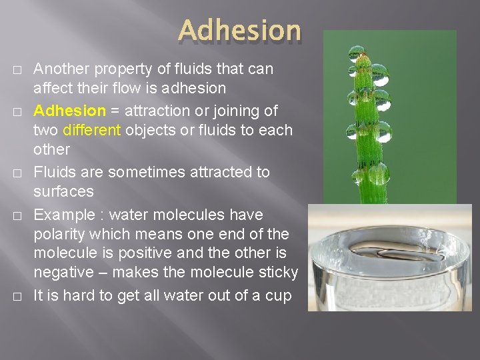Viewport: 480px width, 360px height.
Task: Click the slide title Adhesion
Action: click(x=239, y=30)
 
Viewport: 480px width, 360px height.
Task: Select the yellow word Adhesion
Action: click(x=69, y=111)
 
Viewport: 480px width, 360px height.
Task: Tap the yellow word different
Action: click(x=93, y=130)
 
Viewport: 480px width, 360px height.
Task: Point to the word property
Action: click(x=119, y=69)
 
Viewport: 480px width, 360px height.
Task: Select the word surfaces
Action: click(x=63, y=191)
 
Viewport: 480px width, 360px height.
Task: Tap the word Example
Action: click(x=63, y=215)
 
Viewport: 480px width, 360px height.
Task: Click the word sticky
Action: click(x=279, y=273)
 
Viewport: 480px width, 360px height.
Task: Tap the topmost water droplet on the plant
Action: click(x=357, y=52)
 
